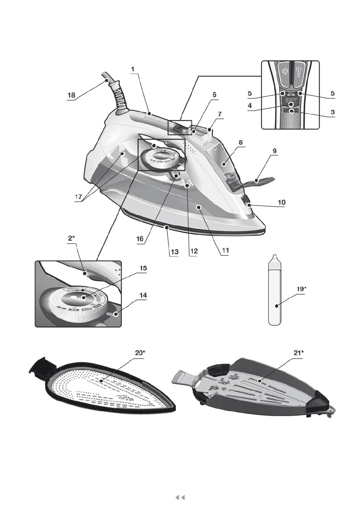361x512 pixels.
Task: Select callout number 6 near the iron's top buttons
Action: (214, 94)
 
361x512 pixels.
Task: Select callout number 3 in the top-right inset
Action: (330, 111)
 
